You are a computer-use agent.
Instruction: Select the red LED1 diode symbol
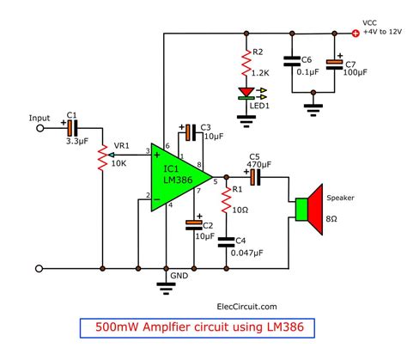tap(247, 92)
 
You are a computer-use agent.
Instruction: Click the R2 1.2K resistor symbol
tap(247, 61)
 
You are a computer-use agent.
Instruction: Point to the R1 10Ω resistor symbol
tap(227, 204)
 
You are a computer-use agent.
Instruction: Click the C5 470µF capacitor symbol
tap(254, 178)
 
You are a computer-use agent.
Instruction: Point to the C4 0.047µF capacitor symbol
tap(227, 243)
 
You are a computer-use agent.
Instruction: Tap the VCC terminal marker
tap(355, 34)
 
